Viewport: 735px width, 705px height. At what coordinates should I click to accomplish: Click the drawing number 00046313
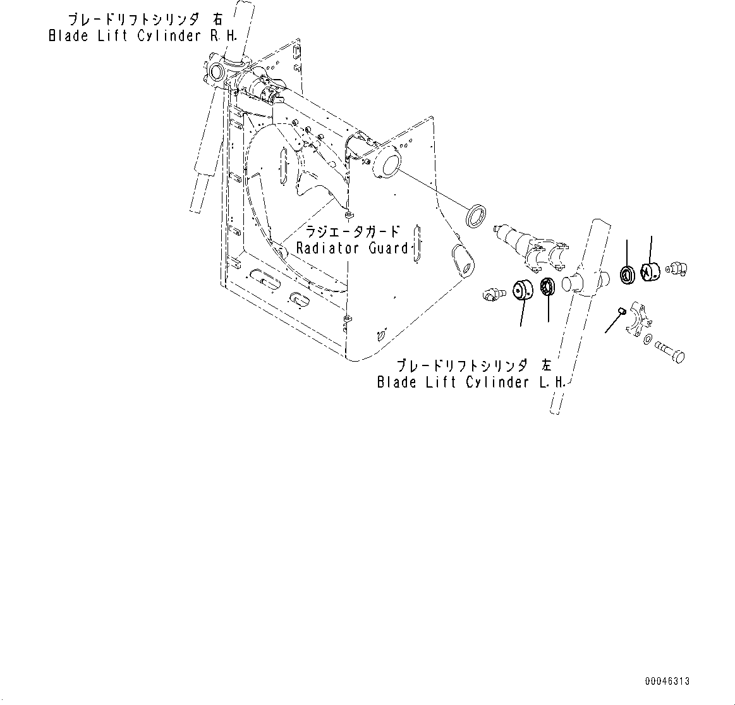tap(667, 681)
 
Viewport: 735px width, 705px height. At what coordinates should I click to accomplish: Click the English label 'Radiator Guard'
tap(353, 248)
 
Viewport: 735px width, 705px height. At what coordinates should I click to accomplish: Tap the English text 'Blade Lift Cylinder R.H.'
tap(143, 36)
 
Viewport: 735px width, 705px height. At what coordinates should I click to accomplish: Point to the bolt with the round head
tap(670, 351)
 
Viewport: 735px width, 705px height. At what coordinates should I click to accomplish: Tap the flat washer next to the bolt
tap(648, 340)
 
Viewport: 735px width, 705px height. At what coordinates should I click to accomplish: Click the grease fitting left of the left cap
tap(492, 294)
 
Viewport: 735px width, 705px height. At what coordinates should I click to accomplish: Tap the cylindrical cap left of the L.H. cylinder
tap(523, 291)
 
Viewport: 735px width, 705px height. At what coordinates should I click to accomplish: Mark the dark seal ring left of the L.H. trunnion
tap(547, 287)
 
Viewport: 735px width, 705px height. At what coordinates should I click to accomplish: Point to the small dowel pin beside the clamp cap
tap(621, 310)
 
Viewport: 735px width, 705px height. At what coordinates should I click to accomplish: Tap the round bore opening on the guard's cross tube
tap(387, 164)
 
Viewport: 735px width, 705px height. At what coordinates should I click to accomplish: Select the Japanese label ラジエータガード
tap(353, 230)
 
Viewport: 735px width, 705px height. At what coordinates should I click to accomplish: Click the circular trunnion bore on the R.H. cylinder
tap(216, 73)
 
